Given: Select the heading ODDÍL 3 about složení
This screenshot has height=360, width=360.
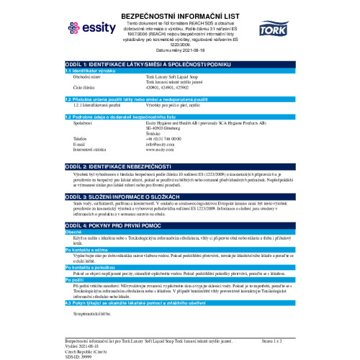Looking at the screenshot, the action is coord(133,196).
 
